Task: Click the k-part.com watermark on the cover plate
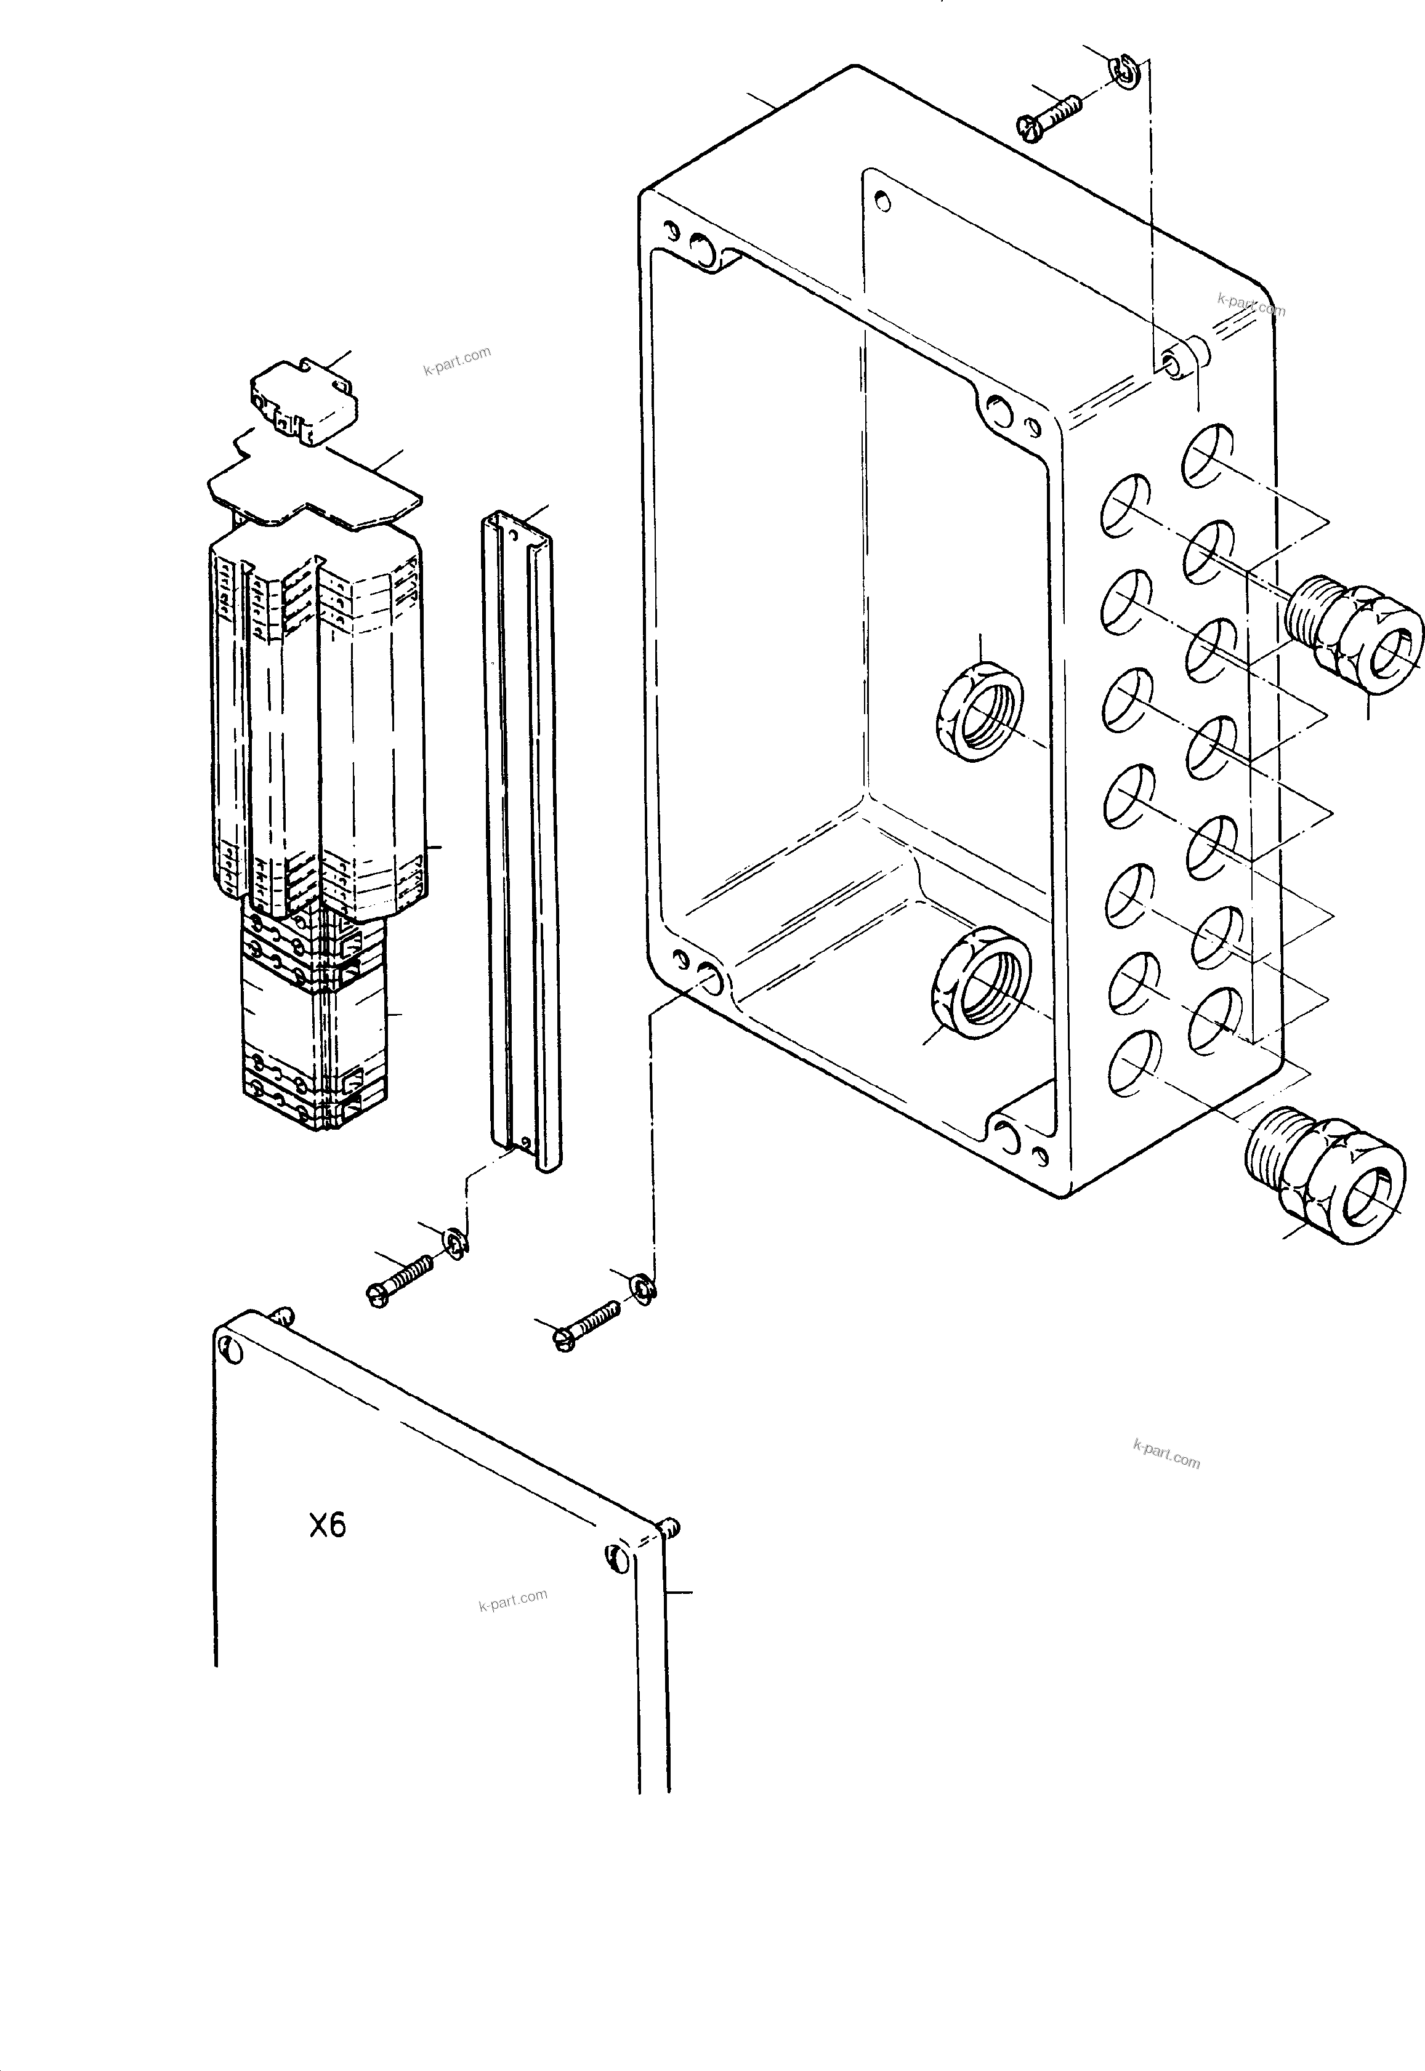[x=512, y=1601]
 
